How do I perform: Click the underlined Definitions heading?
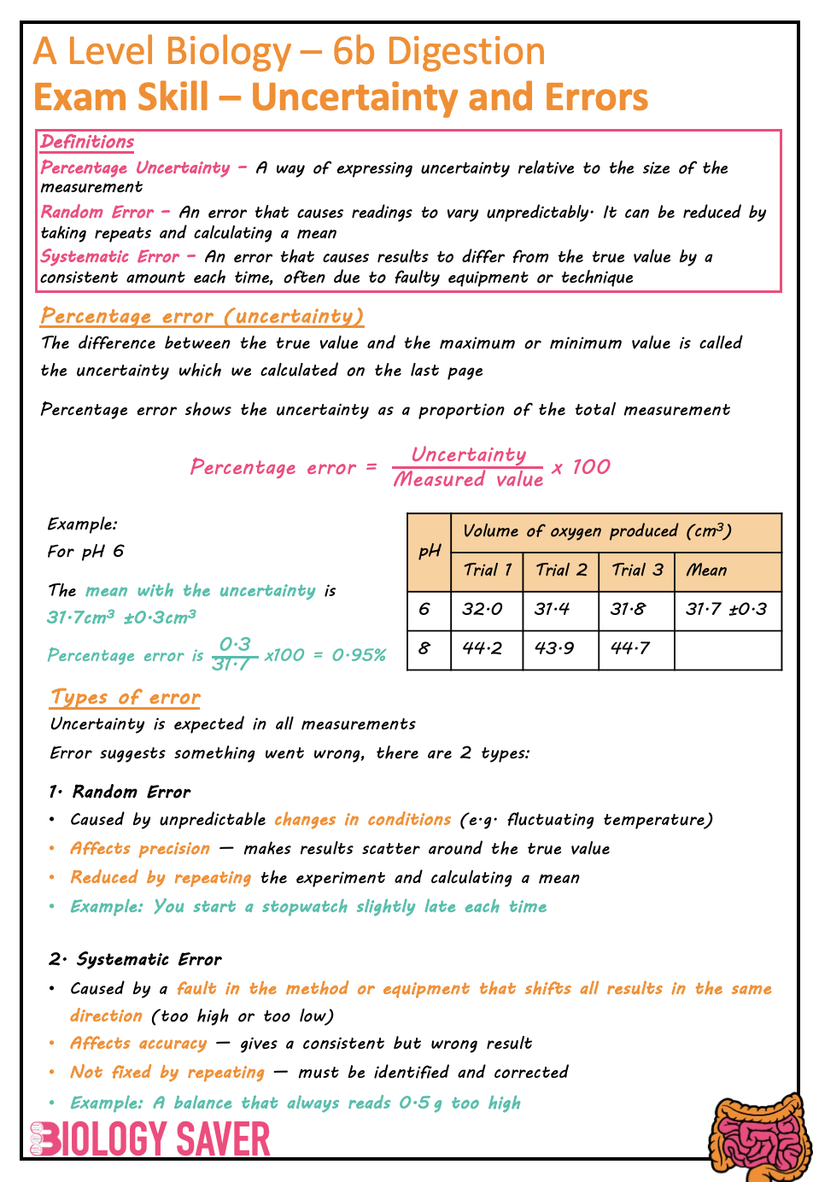[87, 142]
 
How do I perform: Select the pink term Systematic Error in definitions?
[110, 256]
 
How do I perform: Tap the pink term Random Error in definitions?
[97, 212]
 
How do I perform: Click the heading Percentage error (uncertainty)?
[202, 316]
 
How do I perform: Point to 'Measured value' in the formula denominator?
[468, 480]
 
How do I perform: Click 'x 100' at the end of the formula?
[581, 467]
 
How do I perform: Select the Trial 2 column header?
[561, 571]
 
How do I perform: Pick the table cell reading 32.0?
[483, 610]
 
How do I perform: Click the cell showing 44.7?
[630, 649]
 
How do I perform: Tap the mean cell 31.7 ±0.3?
[727, 610]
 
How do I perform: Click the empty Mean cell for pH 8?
[727, 649]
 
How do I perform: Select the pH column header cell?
[430, 551]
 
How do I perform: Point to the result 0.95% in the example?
[359, 655]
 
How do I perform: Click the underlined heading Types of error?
[125, 697]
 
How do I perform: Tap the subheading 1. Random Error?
[120, 792]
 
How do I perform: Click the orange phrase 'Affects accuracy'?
[138, 1043]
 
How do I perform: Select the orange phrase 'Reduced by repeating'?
[161, 877]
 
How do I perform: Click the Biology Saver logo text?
[150, 1138]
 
